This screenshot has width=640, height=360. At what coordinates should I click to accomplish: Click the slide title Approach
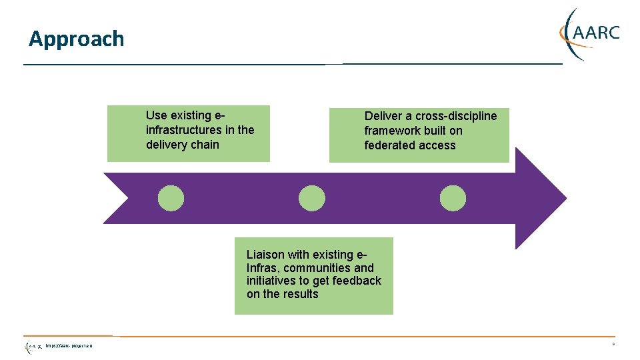[76, 39]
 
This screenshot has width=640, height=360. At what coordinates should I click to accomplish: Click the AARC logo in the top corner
[590, 33]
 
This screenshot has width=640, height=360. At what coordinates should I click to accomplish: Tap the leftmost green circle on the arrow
[171, 198]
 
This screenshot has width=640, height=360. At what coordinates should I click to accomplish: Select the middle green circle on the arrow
[311, 198]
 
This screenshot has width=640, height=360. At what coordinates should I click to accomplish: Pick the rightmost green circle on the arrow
[453, 198]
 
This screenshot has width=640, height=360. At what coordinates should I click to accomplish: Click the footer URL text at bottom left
[69, 345]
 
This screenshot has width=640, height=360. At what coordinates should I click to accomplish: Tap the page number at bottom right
[613, 344]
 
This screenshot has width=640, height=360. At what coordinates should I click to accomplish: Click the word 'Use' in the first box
[156, 115]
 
